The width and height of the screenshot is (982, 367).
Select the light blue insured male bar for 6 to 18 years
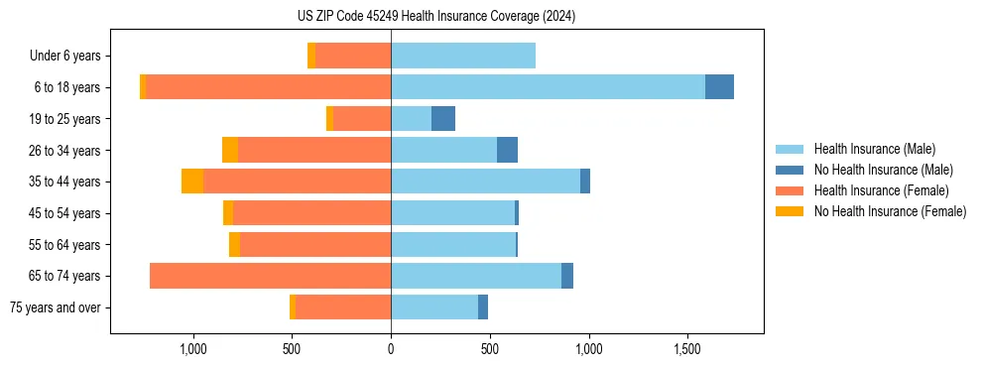[x=548, y=87]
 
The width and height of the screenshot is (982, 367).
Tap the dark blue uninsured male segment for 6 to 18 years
[x=719, y=87]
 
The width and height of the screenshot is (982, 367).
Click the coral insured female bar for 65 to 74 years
[x=270, y=276]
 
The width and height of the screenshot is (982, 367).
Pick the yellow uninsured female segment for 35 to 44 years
[x=192, y=182]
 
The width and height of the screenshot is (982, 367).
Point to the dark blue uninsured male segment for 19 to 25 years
[x=443, y=119]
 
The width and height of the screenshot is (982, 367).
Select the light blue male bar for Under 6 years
[x=463, y=56]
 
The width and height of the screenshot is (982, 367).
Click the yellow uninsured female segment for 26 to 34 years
[x=230, y=150]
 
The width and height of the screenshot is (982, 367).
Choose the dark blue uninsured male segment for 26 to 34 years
[x=507, y=150]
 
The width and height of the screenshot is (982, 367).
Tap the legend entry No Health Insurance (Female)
[x=890, y=211]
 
